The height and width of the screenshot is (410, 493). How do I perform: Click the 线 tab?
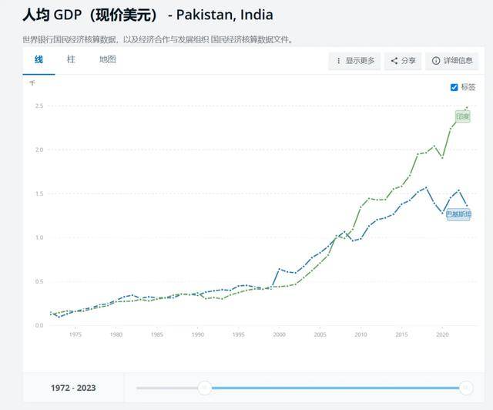pyautogui.click(x=39, y=59)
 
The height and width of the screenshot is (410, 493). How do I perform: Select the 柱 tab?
pyautogui.click(x=71, y=59)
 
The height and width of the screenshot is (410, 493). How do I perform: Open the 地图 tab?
pyautogui.click(x=107, y=59)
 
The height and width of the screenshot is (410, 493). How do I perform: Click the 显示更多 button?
pyautogui.click(x=354, y=61)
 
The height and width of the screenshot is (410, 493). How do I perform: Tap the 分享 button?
pyautogui.click(x=403, y=61)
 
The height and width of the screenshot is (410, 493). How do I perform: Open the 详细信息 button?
pyautogui.click(x=452, y=61)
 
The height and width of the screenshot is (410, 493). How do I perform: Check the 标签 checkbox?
pyautogui.click(x=454, y=87)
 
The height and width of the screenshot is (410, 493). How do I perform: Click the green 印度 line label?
pyautogui.click(x=462, y=116)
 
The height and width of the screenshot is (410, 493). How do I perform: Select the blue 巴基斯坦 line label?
pyautogui.click(x=458, y=213)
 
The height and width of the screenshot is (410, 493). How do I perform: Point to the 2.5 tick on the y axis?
pyautogui.click(x=39, y=106)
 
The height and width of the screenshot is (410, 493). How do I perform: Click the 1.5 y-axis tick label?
pyautogui.click(x=39, y=193)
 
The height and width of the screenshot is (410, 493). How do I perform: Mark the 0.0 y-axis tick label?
pyautogui.click(x=39, y=325)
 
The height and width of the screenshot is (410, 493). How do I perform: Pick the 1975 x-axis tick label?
pyautogui.click(x=75, y=334)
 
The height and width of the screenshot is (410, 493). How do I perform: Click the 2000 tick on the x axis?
pyautogui.click(x=279, y=334)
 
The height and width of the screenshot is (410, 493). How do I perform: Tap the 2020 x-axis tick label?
pyautogui.click(x=442, y=334)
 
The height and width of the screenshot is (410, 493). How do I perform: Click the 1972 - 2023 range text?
pyautogui.click(x=74, y=388)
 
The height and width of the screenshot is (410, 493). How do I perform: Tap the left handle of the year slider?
pyautogui.click(x=204, y=388)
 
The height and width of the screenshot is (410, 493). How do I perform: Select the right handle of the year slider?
pyautogui.click(x=466, y=388)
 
